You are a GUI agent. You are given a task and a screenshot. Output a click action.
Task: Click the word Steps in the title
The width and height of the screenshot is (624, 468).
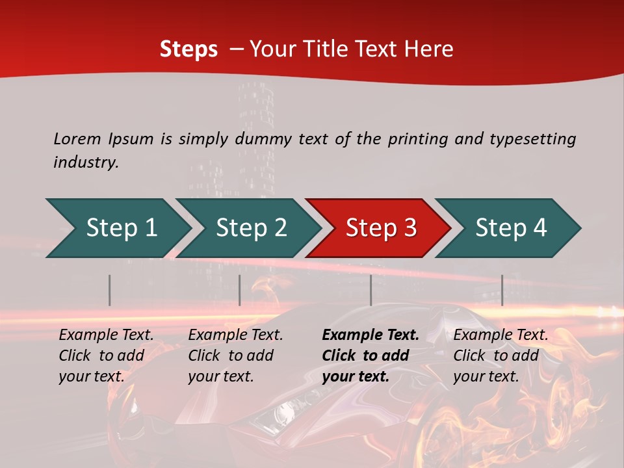[188, 49]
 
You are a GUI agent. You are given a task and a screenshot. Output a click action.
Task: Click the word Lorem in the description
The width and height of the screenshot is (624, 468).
[77, 138]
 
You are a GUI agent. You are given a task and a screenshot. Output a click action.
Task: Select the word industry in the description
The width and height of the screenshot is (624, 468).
[86, 162]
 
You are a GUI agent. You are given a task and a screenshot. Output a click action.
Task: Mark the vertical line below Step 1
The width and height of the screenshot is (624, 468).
[110, 290]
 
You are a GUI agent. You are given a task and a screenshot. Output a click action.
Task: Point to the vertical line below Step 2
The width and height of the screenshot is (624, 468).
[240, 290]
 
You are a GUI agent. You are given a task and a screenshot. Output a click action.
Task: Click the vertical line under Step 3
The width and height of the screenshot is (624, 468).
[370, 290]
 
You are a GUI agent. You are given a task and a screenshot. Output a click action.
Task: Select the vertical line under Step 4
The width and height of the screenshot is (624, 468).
[502, 290]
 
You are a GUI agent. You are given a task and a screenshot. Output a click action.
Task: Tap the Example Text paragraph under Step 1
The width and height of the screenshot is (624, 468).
[106, 356]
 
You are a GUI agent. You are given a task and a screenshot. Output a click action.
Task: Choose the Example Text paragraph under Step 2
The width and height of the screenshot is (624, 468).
[235, 356]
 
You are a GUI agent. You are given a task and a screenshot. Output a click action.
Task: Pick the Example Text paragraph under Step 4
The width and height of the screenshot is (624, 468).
[500, 356]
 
